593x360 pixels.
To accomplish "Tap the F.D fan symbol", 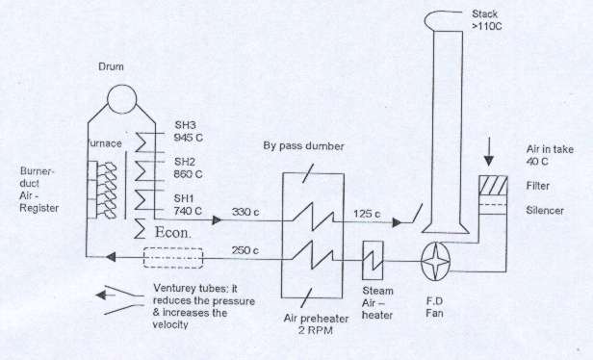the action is coord(436,261).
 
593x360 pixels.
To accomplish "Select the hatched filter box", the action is coord(493,185).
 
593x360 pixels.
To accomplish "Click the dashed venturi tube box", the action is coord(173,258).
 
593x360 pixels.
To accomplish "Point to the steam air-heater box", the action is coord(373,261).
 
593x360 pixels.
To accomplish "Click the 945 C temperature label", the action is coord(189,138).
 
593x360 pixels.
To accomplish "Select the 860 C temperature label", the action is coord(188,174).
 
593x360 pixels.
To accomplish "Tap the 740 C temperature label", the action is coord(188,211).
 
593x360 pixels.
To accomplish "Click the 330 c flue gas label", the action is coord(245,212).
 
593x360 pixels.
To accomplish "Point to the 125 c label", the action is coord(367,214).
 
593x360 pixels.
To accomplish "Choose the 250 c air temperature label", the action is coord(245,250).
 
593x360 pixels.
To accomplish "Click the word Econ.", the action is coord(173,233).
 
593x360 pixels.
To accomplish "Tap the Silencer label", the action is coord(545,211).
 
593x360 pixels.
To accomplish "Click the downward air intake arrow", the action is coord(489,151).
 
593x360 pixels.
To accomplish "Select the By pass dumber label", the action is coord(303,146).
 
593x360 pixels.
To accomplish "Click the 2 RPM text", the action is coord(316,330).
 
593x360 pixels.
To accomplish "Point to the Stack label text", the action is coord(484,14).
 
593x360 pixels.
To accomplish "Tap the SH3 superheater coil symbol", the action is coord(142,142).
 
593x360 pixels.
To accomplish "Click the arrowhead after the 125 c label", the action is coord(397,222).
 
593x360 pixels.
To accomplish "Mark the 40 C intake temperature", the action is coord(537,162).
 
